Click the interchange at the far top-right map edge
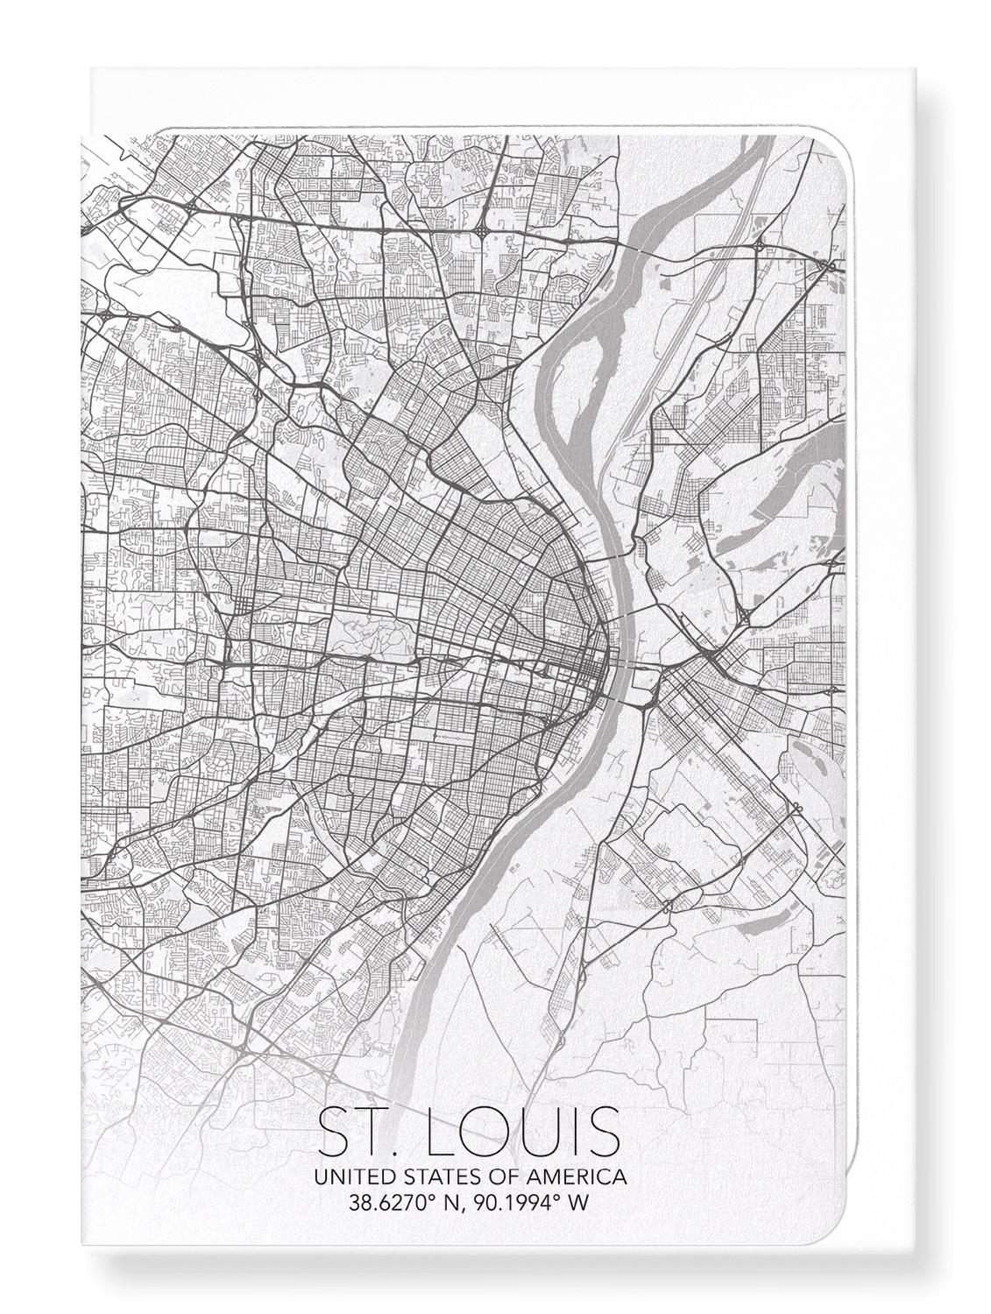(827, 264)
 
